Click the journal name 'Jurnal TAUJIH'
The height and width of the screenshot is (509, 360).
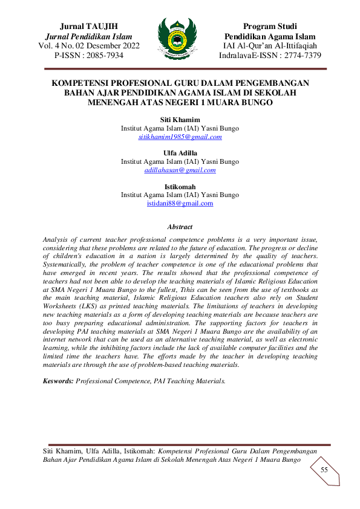coord(89,26)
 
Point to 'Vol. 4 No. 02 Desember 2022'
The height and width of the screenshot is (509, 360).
coord(89,46)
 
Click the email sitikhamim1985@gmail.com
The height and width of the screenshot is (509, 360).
coord(180,137)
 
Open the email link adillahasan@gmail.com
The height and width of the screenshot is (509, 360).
coord(180,170)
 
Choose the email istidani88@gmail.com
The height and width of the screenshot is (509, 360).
coord(180,203)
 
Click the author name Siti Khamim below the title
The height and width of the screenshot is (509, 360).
coord(180,120)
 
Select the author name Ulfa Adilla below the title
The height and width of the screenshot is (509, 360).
coord(180,153)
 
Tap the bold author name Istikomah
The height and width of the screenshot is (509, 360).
coord(180,186)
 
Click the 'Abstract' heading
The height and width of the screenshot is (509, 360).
coord(180,227)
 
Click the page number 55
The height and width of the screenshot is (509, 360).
coord(324,470)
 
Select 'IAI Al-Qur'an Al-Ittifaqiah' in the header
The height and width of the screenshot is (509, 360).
coord(270,46)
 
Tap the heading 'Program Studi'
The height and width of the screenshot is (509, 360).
coord(270,26)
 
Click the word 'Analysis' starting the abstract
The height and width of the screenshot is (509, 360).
coord(57,239)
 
